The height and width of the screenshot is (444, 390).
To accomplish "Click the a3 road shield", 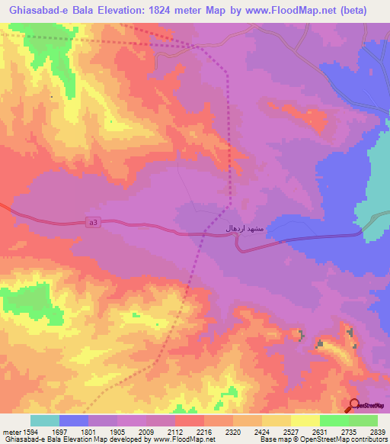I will (93, 222).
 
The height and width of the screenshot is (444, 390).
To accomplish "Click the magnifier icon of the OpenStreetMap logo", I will (356, 404).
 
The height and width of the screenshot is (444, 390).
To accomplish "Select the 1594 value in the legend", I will (22, 431).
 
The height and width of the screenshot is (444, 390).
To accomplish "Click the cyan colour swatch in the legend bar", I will (45, 420).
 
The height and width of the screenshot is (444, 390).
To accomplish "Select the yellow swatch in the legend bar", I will (305, 420).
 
